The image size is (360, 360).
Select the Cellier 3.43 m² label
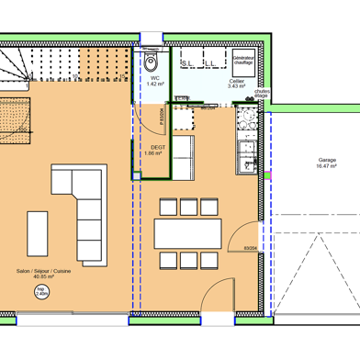(x=236, y=84)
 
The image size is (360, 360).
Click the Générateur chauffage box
(x=243, y=61)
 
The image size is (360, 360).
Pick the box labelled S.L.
(x=189, y=61)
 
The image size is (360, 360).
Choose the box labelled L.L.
(x=210, y=61)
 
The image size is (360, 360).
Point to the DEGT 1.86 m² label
(x=152, y=151)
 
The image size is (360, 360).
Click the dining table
(x=187, y=231)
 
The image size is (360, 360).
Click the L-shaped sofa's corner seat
(x=90, y=177)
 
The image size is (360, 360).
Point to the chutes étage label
(x=262, y=94)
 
